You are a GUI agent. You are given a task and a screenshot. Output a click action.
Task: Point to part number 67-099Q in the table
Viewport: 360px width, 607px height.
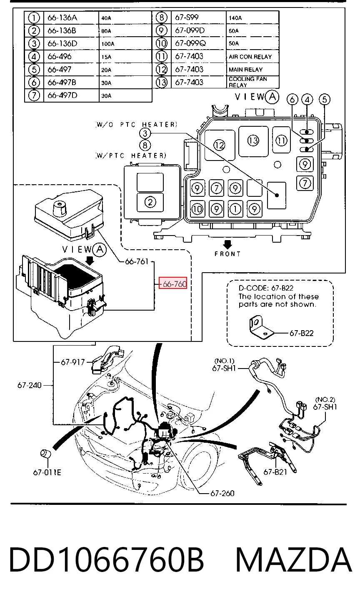click(190, 43)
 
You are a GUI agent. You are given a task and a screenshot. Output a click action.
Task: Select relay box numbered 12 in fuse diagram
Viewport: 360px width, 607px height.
click(220, 145)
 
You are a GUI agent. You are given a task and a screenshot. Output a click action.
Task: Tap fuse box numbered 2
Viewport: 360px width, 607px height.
click(150, 202)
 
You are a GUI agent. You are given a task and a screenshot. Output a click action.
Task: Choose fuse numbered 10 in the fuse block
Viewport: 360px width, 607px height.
click(197, 209)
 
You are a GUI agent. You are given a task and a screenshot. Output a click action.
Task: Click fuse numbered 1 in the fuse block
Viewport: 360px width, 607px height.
click(235, 209)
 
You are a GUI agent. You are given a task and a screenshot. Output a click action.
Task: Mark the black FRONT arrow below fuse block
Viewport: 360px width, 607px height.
click(227, 244)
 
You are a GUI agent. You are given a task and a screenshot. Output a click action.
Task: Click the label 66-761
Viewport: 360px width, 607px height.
click(137, 261)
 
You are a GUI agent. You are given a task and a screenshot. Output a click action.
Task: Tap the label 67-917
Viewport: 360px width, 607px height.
click(73, 362)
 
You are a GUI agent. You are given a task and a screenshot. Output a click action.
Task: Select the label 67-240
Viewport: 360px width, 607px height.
click(29, 385)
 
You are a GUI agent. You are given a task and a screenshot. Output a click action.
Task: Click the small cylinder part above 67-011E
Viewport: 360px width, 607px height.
click(45, 453)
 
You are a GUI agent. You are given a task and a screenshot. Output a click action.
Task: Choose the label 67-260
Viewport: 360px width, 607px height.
click(222, 493)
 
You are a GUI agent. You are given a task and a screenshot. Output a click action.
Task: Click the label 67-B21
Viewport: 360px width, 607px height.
click(275, 472)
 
